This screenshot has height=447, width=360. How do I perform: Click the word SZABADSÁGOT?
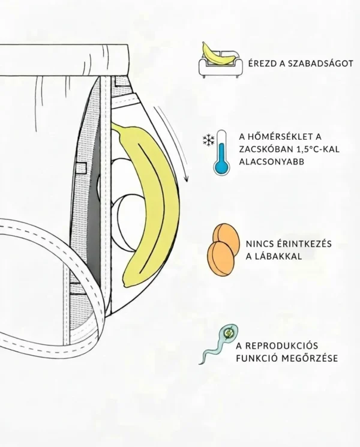click(321, 63)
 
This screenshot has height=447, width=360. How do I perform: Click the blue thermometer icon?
click(222, 152)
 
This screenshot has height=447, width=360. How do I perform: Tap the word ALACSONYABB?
click(272, 161)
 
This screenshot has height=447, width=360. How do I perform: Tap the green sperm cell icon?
click(218, 344)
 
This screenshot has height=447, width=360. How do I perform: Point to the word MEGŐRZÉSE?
click(310, 358)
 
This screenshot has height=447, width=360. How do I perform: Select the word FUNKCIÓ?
click(257, 358)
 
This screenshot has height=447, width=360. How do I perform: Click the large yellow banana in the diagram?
click(154, 200)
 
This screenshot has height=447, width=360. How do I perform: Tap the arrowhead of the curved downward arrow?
click(187, 178)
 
